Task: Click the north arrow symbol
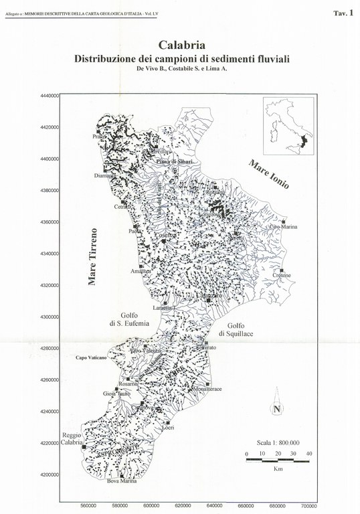(276, 409)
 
